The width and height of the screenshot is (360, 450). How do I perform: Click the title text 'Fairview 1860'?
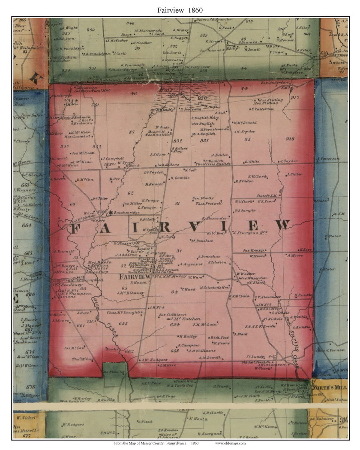[180, 10]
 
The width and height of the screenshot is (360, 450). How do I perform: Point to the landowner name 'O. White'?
[252, 162]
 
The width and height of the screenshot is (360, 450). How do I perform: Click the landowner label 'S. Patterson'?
[263, 109]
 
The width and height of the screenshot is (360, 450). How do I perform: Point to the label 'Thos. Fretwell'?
[209, 203]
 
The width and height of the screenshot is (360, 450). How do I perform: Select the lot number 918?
[290, 139]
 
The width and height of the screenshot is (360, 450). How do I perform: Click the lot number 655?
[123, 323]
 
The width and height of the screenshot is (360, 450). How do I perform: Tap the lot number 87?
[132, 132]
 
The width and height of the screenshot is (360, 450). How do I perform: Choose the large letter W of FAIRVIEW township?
[283, 225]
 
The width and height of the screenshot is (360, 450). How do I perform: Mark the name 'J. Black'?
[240, 334]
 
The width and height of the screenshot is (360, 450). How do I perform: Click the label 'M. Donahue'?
[202, 241]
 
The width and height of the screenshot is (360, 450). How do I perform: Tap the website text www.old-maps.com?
[230, 443]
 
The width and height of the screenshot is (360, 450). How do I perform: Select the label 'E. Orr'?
[115, 179]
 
